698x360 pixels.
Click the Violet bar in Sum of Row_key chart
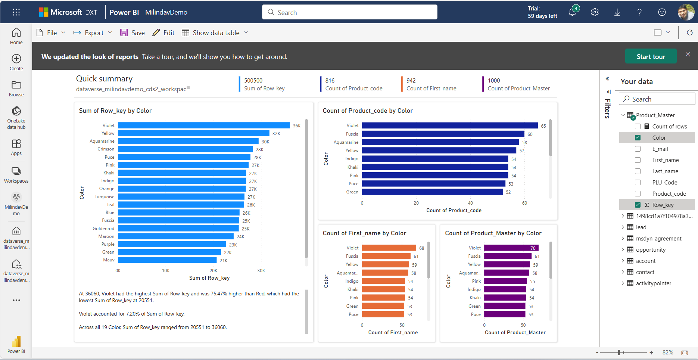204,125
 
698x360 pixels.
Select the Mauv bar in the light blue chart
167,260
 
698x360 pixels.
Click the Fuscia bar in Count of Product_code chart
443,134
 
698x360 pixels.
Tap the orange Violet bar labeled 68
389,248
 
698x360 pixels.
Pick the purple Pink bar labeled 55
505,281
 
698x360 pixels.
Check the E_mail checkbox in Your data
638,149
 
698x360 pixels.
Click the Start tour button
651,56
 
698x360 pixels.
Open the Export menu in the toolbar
93,33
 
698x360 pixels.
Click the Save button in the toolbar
133,33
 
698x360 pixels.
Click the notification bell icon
572,12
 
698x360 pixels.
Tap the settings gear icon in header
595,12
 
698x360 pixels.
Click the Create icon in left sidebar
16,62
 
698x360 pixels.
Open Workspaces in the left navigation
16,175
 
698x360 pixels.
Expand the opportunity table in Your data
623,249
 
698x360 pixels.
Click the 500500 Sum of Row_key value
253,81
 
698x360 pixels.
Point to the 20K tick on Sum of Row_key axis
214,271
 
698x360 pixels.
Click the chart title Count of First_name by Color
364,233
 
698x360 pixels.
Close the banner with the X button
688,55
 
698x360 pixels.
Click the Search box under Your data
657,99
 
